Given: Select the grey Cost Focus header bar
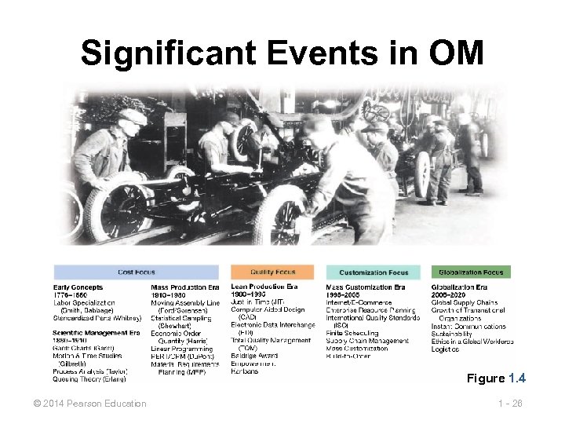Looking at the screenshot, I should pos(137,272).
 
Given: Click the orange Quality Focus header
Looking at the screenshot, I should pos(272,272).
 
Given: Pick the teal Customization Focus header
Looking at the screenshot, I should pos(374,272).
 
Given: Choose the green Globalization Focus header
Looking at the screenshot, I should pos(471,272).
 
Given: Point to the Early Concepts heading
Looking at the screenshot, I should pos(78,288).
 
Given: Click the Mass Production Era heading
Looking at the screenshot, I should pos(185,288).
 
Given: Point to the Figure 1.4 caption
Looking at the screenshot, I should pos(496,378).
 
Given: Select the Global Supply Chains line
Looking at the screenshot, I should pos(465,303).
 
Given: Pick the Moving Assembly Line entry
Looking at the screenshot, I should pos(185,303).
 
